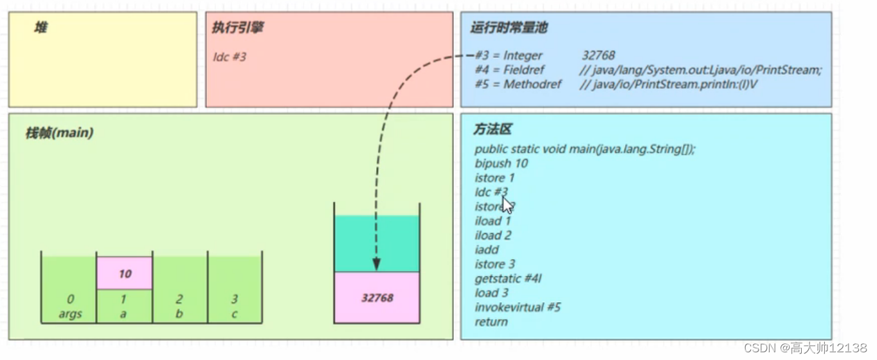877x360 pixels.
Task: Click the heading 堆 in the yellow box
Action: click(x=41, y=28)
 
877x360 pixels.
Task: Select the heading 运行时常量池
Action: click(x=509, y=28)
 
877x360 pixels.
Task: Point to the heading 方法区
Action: click(x=493, y=130)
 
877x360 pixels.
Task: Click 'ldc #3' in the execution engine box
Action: click(x=230, y=57)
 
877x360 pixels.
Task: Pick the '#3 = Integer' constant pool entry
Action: click(x=509, y=56)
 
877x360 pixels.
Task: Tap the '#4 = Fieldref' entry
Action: click(x=510, y=70)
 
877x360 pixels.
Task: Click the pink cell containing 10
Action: click(x=125, y=274)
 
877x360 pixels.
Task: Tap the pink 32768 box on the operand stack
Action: click(x=377, y=298)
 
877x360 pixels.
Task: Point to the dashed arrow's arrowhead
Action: click(x=377, y=265)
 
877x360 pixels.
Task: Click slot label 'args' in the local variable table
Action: click(x=70, y=315)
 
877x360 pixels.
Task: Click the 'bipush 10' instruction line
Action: click(x=501, y=163)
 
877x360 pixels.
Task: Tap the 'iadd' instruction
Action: click(x=487, y=249)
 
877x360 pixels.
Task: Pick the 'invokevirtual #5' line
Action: click(x=518, y=307)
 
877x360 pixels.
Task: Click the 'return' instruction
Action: click(x=491, y=321)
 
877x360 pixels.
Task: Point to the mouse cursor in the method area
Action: click(x=507, y=204)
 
